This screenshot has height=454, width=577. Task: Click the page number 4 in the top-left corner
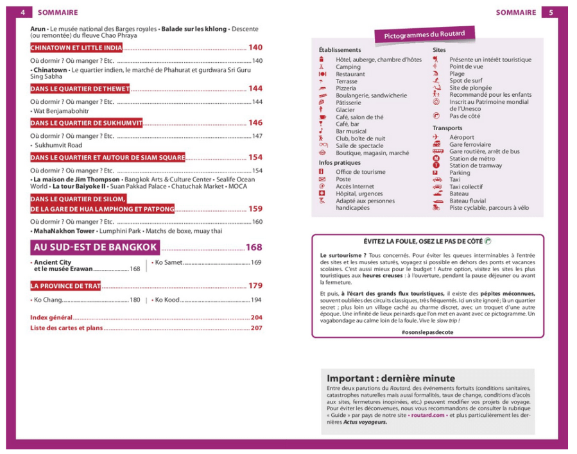point(22,12)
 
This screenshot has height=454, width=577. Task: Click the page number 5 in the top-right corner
point(551,12)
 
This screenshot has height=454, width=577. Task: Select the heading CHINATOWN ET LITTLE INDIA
point(76,48)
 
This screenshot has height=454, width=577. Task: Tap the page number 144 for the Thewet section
point(255,88)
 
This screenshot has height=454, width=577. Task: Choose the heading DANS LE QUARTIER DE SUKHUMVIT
point(86,123)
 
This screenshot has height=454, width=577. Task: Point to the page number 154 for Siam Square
point(255,157)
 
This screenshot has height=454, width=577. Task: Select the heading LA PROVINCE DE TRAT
point(65,286)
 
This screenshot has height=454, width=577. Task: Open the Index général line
point(51,317)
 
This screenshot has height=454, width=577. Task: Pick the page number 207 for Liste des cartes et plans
point(257,328)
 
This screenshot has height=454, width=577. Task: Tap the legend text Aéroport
point(461,137)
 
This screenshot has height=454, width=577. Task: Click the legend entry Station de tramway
point(476,165)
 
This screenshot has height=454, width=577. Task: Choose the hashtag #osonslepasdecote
point(427,332)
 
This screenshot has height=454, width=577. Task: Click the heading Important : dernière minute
point(390,378)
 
